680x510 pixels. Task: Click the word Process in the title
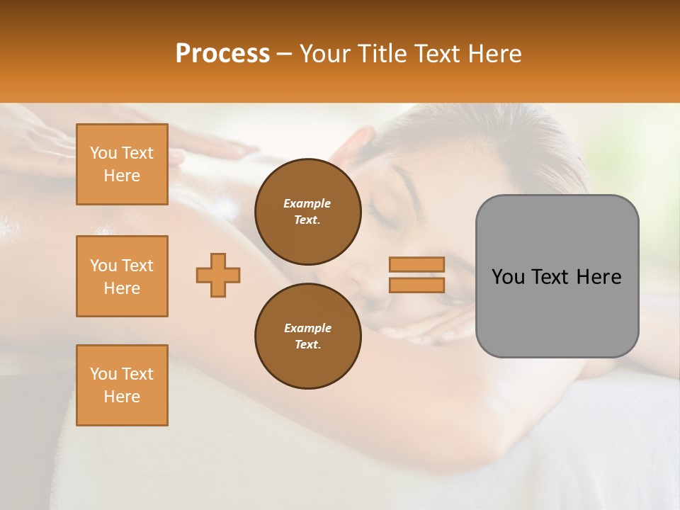click(x=222, y=54)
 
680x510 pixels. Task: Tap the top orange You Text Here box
click(x=122, y=164)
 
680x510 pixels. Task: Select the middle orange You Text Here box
click(x=122, y=276)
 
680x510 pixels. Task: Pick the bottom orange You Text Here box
click(x=122, y=385)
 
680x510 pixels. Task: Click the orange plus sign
click(x=218, y=275)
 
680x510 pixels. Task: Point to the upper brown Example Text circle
click(x=308, y=212)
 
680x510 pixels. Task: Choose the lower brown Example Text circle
click(x=308, y=336)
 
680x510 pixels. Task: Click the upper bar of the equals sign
click(x=416, y=264)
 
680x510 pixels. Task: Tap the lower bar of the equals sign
click(x=416, y=285)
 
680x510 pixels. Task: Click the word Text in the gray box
click(x=552, y=277)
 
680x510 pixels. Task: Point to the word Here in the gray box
click(x=599, y=277)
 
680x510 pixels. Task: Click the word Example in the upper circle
click(x=307, y=203)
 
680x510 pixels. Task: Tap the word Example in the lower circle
click(x=307, y=328)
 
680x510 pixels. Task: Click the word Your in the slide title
click(x=324, y=54)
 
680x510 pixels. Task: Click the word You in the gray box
click(x=509, y=277)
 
